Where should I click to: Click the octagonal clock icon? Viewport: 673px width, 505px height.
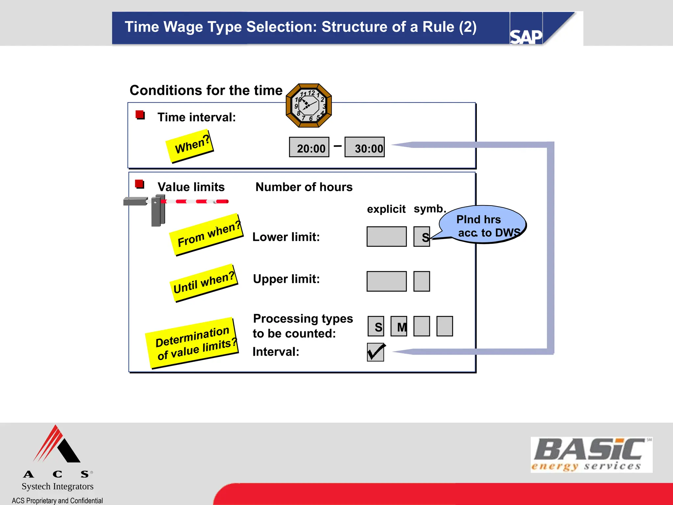click(x=309, y=106)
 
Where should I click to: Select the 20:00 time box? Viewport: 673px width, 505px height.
click(x=309, y=147)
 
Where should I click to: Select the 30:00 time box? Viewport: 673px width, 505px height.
click(x=364, y=147)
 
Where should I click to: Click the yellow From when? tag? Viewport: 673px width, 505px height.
click(x=206, y=235)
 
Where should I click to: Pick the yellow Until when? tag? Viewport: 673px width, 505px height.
click(x=204, y=283)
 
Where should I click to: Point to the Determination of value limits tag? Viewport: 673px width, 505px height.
click(x=192, y=343)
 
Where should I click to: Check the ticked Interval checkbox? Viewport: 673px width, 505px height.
click(x=376, y=352)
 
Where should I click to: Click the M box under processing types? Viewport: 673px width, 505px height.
click(x=399, y=326)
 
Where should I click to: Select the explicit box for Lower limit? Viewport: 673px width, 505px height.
click(x=386, y=236)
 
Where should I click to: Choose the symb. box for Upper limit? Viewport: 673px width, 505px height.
click(x=422, y=281)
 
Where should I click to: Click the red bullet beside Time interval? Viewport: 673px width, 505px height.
click(x=140, y=115)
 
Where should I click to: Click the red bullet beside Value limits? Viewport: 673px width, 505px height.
click(x=140, y=184)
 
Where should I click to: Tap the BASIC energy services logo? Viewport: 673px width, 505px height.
click(x=591, y=455)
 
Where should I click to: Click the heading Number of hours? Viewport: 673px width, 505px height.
click(x=304, y=187)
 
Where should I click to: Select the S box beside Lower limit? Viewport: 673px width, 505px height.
click(x=422, y=236)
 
